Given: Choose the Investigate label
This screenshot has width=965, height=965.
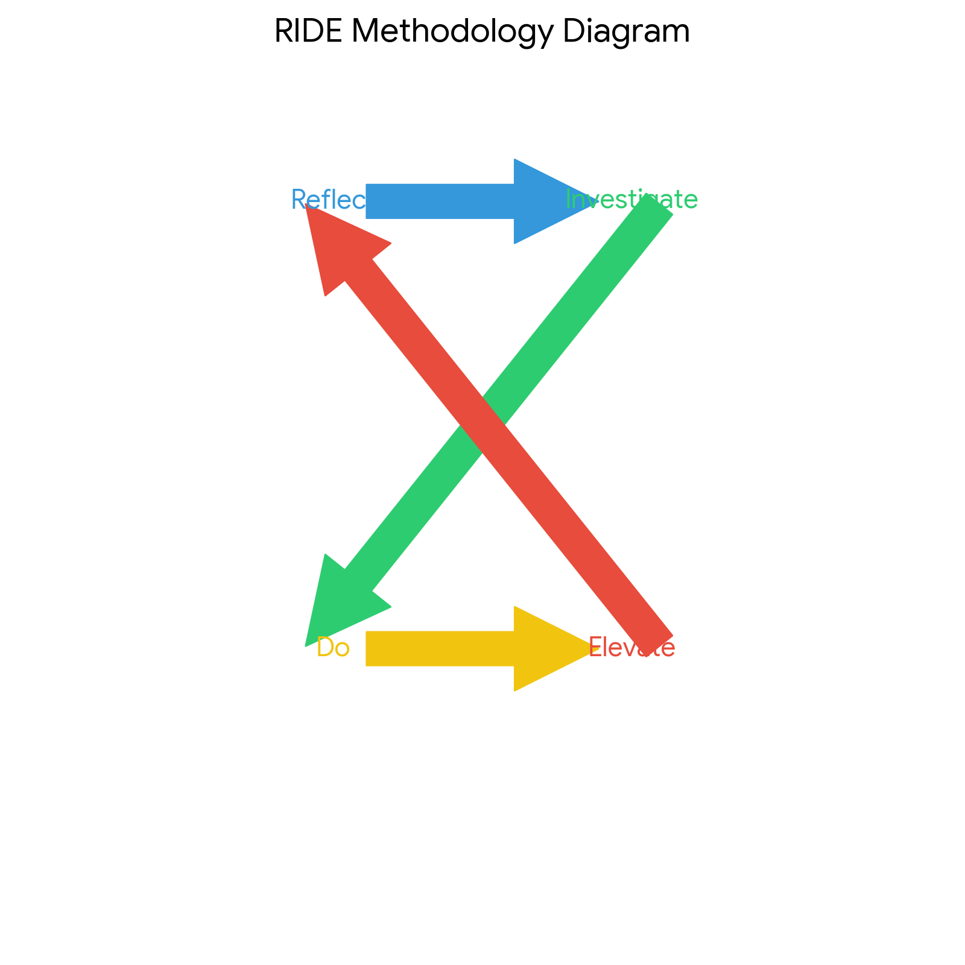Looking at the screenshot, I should (631, 200).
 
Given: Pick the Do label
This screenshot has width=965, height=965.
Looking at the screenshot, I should (333, 648).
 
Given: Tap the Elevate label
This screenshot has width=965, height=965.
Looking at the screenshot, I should (631, 648).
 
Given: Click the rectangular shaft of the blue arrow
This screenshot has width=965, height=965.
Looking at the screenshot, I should (440, 201).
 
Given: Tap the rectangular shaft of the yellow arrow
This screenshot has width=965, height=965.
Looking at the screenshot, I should (440, 648).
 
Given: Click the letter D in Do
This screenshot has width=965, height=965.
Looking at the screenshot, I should (325, 648).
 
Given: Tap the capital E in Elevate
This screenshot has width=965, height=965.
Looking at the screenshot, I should (595, 648).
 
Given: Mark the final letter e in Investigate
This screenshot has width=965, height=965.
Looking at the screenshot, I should (691, 200).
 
